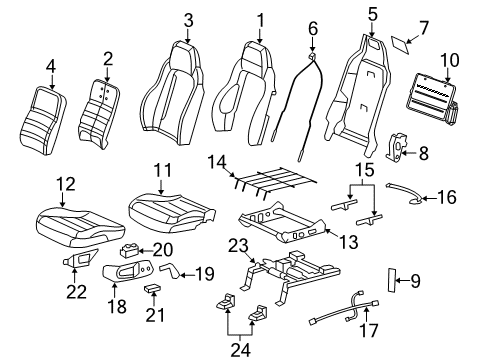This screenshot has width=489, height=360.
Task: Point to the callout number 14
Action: coord(216,160)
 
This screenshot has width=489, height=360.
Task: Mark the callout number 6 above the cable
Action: coord(313,27)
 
